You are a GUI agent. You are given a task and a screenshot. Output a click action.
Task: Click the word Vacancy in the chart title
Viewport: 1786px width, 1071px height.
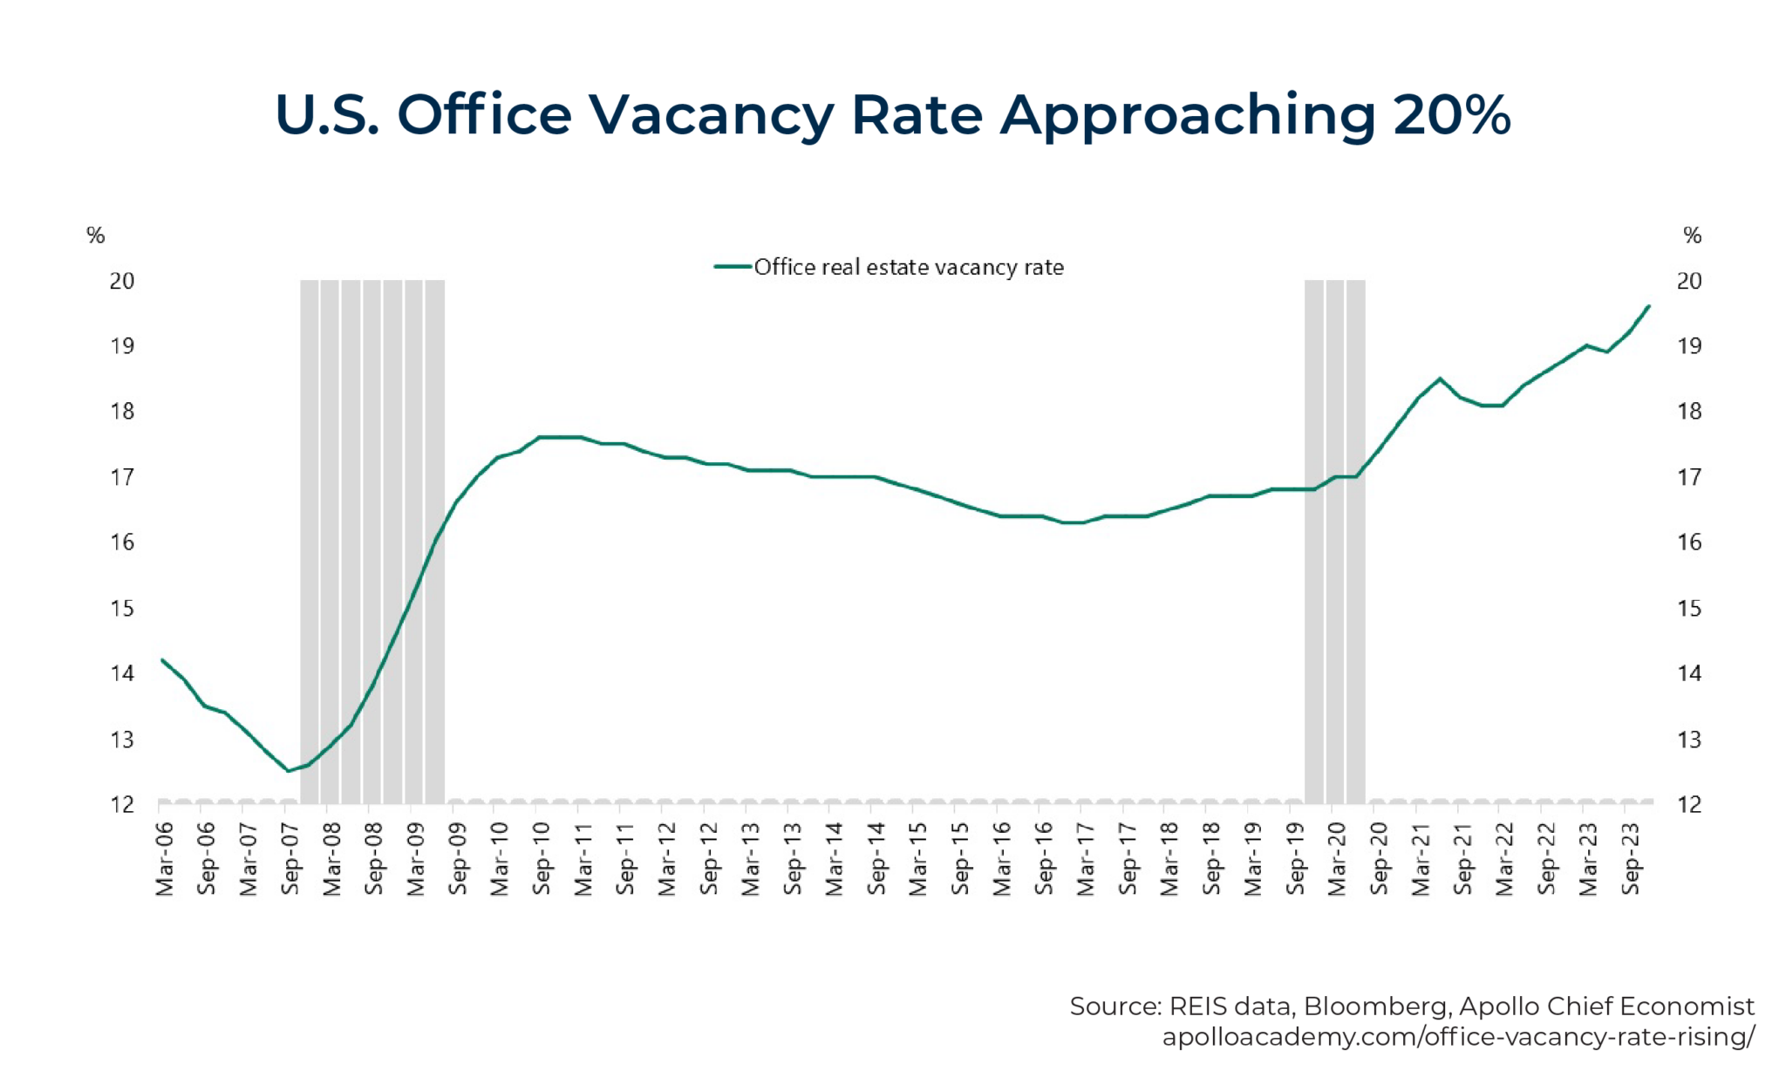coord(710,114)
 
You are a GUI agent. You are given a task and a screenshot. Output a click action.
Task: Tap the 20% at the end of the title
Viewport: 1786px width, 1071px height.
coord(1451,114)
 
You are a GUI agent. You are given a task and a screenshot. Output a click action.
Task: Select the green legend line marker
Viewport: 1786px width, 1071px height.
coord(733,267)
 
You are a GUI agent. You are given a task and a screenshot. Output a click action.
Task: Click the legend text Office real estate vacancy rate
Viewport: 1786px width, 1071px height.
coord(909,267)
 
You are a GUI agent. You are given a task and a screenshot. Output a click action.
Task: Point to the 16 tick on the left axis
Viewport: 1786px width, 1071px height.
coord(122,542)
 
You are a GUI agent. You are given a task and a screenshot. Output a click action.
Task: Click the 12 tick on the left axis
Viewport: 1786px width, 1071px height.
coord(122,804)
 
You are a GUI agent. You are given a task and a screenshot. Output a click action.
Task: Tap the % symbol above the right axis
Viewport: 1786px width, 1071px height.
coord(1692,235)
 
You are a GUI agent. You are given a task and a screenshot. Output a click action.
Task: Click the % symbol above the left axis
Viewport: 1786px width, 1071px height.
coord(96,235)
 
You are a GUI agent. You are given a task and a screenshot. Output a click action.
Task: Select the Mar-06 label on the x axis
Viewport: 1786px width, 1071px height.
coord(164,859)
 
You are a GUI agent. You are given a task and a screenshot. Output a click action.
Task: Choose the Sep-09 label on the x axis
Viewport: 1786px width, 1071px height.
coord(458,859)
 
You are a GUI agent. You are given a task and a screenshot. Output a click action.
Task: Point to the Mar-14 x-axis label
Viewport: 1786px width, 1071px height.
coord(835,859)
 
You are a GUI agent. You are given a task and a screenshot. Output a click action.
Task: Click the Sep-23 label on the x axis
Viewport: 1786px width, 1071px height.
coord(1631,859)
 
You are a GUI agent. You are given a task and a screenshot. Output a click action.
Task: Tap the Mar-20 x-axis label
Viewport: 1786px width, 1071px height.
coord(1337,859)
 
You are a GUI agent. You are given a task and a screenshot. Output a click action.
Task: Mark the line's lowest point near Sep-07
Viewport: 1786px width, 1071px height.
coord(288,771)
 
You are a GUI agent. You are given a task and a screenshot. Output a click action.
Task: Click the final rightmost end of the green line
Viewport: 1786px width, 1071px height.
coord(1648,306)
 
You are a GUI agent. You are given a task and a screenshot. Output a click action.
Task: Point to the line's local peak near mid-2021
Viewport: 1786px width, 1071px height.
coord(1440,379)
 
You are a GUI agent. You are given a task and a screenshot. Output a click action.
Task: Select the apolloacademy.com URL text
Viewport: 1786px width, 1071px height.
coord(1458,1037)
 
